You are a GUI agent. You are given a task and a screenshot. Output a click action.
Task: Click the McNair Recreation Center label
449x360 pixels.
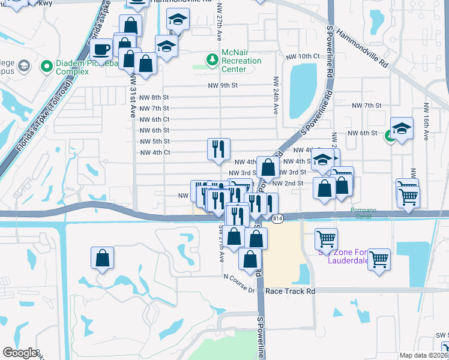(241, 61)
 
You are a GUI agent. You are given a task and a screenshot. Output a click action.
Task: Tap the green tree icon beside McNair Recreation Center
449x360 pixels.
(211, 59)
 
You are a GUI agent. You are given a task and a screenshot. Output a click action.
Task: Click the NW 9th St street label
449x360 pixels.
(223, 86)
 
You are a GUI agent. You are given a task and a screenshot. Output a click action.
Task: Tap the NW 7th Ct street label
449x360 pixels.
(154, 109)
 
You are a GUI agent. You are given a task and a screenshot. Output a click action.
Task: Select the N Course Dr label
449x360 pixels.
(240, 283)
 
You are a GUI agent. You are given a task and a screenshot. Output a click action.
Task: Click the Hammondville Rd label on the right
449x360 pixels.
(363, 48)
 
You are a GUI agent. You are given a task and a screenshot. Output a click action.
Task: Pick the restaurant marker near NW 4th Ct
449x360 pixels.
(218, 149)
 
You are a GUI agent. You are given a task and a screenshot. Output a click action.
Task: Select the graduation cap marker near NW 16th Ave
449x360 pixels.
(402, 128)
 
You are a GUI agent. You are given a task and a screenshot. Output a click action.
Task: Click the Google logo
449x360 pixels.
(20, 353)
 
